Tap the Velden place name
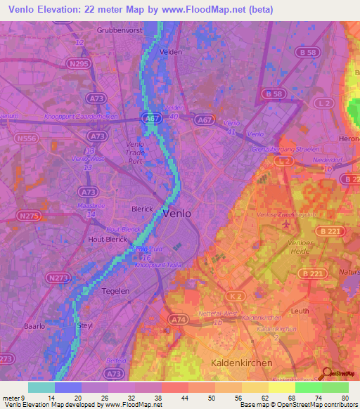click(172, 52)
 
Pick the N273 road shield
click(58, 278)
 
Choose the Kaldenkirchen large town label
click(241, 362)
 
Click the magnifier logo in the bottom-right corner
click(328, 375)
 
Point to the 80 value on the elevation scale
click(345, 398)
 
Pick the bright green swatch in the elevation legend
click(309, 387)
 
